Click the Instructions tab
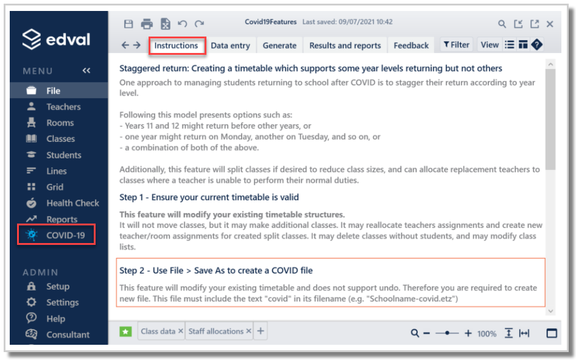click(176, 46)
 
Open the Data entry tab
click(230, 46)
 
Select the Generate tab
click(279, 46)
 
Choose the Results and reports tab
click(345, 46)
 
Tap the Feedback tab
click(411, 46)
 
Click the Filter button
click(456, 45)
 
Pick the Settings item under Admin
click(52, 302)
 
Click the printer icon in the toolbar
click(147, 24)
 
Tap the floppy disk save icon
click(128, 24)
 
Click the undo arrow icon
click(182, 24)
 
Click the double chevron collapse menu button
click(86, 71)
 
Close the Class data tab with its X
click(180, 331)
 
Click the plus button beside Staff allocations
click(261, 331)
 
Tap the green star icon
click(125, 332)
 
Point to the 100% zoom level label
click(486, 334)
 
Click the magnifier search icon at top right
click(502, 24)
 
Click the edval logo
click(56, 39)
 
